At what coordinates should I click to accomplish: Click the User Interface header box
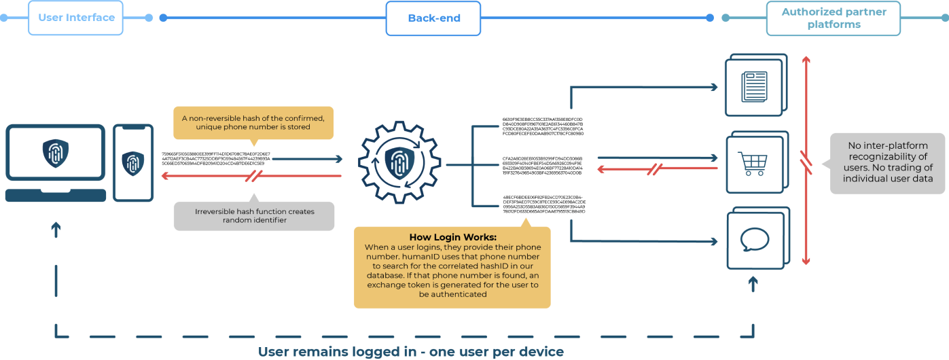click(75, 18)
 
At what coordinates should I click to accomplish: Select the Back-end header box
click(433, 18)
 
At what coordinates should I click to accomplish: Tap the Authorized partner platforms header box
click(834, 18)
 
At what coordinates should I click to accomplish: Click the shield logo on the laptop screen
click(55, 154)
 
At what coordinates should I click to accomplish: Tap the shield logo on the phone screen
click(133, 164)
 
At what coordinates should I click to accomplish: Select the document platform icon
click(754, 87)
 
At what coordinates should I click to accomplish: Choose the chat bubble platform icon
click(754, 240)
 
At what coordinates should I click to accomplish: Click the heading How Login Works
click(452, 237)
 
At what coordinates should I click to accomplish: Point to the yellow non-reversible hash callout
click(253, 122)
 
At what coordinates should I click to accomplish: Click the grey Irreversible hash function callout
click(254, 215)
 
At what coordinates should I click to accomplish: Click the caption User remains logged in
click(410, 352)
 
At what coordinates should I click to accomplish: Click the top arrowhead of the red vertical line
click(806, 60)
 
